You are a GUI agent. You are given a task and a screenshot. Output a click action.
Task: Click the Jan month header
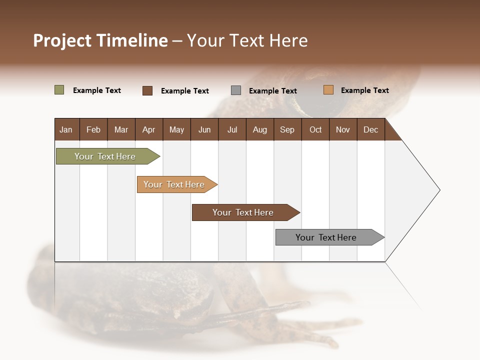click(66, 129)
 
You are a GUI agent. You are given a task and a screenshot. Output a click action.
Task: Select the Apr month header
click(148, 129)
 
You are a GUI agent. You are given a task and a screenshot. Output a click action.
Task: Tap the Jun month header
click(204, 129)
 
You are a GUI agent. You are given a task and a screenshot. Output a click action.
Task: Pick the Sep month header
click(287, 129)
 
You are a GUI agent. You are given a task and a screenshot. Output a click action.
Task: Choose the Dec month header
click(370, 129)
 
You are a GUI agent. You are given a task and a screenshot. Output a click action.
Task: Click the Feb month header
click(93, 129)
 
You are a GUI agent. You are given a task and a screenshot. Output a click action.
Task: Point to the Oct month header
click(315, 129)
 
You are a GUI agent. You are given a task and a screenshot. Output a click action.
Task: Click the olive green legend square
click(59, 90)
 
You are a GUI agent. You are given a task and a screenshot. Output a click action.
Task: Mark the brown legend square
click(147, 90)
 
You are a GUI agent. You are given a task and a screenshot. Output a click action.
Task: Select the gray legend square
click(236, 90)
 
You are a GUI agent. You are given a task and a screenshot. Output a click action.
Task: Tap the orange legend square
click(328, 90)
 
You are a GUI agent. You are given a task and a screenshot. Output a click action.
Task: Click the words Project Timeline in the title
click(100, 40)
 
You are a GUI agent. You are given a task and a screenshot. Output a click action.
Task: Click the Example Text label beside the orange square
click(364, 90)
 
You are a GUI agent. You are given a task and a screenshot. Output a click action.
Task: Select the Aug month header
click(259, 129)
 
